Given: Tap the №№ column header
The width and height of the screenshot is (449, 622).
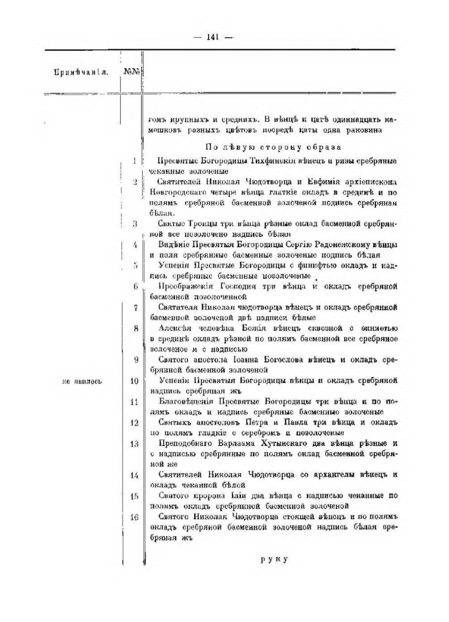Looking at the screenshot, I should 132,72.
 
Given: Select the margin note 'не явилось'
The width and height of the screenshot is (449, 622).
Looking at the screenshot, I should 82,381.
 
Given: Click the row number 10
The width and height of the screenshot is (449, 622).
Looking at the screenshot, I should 134,381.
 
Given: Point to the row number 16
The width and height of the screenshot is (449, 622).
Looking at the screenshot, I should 134,518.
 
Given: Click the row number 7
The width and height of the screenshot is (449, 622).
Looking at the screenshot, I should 136,308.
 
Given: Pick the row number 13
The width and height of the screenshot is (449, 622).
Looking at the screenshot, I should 134,444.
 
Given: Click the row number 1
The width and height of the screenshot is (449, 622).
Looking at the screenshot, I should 135,161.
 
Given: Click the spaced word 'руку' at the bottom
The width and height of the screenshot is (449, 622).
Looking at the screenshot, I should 274,560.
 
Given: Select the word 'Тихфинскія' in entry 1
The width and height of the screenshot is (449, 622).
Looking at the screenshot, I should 273,161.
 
